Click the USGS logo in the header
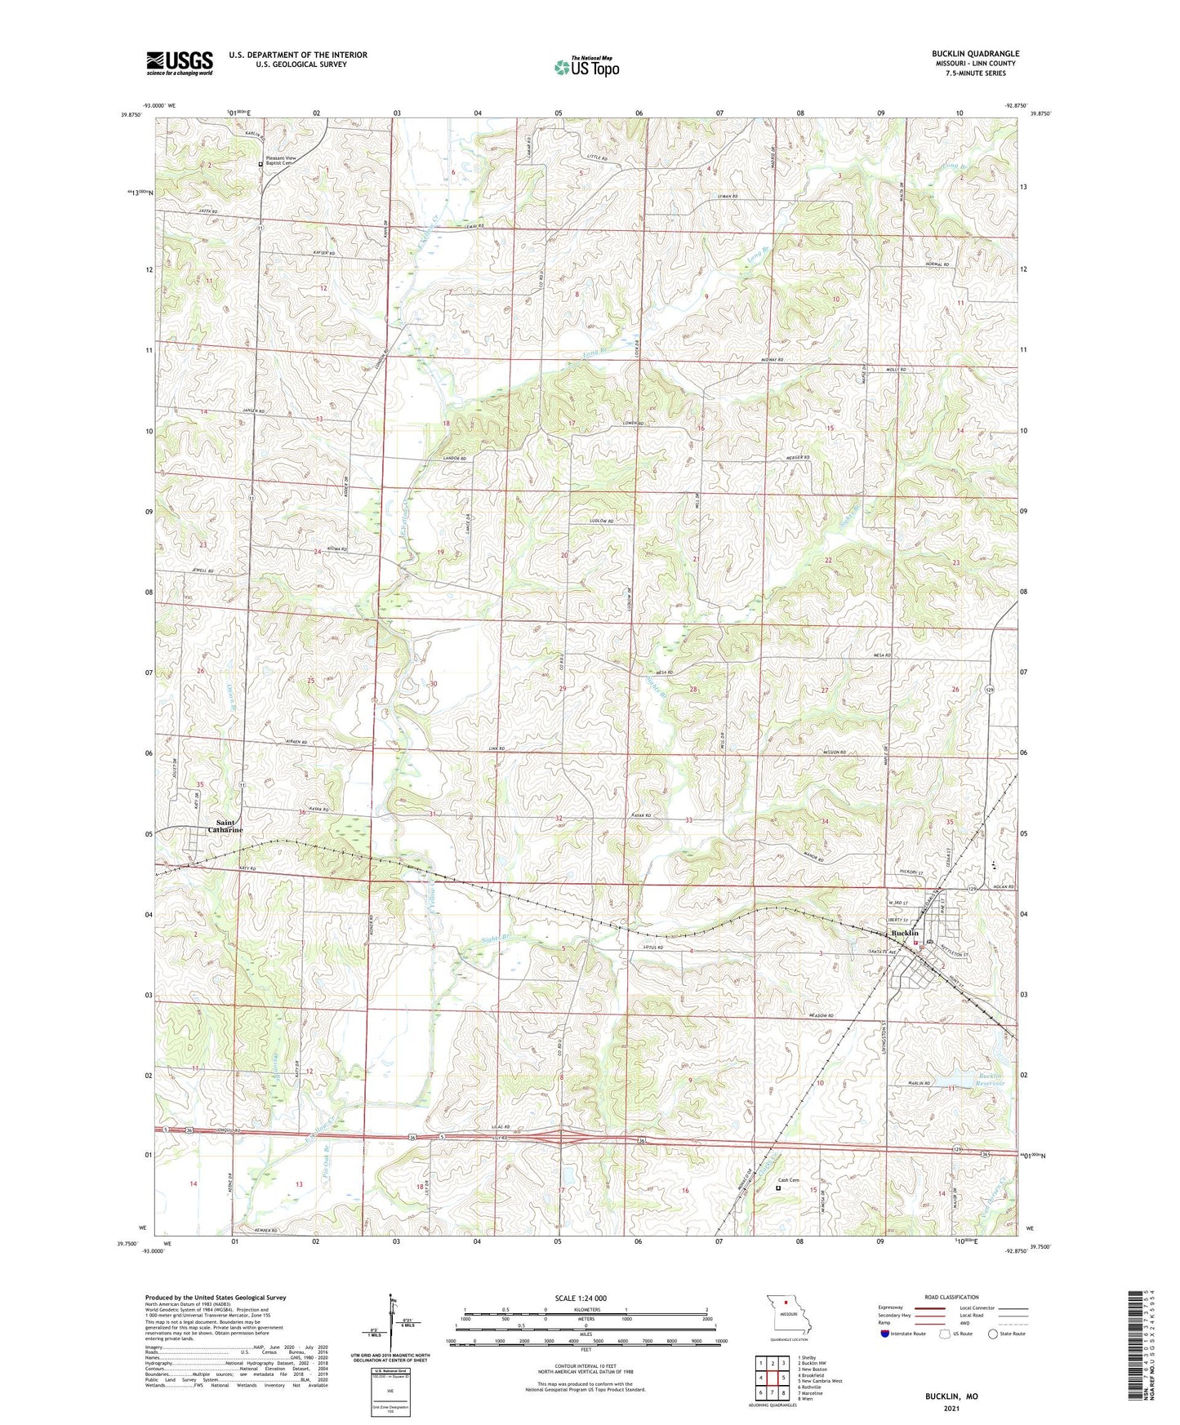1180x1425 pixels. [179, 63]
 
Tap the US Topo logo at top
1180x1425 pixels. [586, 67]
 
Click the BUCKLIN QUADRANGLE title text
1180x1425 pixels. [975, 54]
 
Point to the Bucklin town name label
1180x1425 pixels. [905, 933]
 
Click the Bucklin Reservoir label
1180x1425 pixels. [986, 1081]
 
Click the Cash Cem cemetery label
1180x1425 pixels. [788, 1180]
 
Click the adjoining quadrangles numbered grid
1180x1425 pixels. [772, 1378]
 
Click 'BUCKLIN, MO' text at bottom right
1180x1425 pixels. [951, 1396]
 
